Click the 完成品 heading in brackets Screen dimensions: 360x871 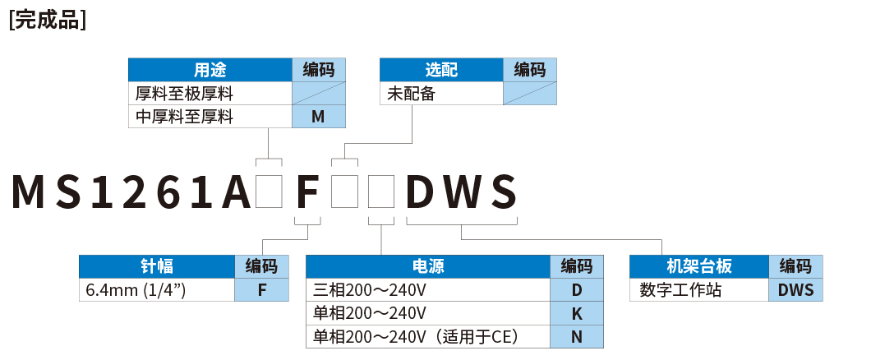48,21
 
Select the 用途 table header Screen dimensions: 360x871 210,69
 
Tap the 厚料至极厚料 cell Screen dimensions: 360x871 184,94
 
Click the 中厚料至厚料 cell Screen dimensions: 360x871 184,117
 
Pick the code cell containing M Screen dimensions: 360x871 318,117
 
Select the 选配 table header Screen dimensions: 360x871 440,69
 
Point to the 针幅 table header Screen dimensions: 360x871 157,266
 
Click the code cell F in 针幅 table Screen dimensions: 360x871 262,290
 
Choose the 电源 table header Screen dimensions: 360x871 427,266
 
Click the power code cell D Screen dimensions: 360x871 576,290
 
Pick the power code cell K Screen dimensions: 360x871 576,313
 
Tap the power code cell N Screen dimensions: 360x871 576,336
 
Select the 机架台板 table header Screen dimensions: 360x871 698,266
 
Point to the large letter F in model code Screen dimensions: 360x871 306,192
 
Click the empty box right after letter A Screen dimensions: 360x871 270,192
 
